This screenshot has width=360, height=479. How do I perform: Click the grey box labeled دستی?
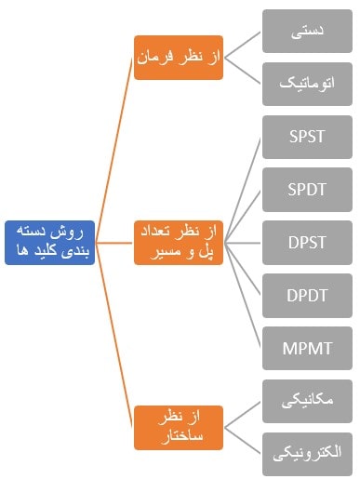(x=307, y=32)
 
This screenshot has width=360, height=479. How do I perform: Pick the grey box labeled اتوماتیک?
(x=307, y=84)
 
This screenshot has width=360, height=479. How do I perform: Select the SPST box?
(x=307, y=137)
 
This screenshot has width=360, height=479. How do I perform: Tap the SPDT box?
(x=307, y=190)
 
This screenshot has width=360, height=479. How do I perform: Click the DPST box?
(x=307, y=243)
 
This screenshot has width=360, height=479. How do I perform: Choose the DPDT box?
(x=307, y=296)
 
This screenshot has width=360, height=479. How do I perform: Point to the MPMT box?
(x=307, y=349)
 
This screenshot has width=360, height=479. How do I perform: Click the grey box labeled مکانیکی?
(x=307, y=401)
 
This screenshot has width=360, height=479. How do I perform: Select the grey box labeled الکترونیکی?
(x=307, y=454)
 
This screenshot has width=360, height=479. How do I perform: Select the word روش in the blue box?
(x=72, y=233)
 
